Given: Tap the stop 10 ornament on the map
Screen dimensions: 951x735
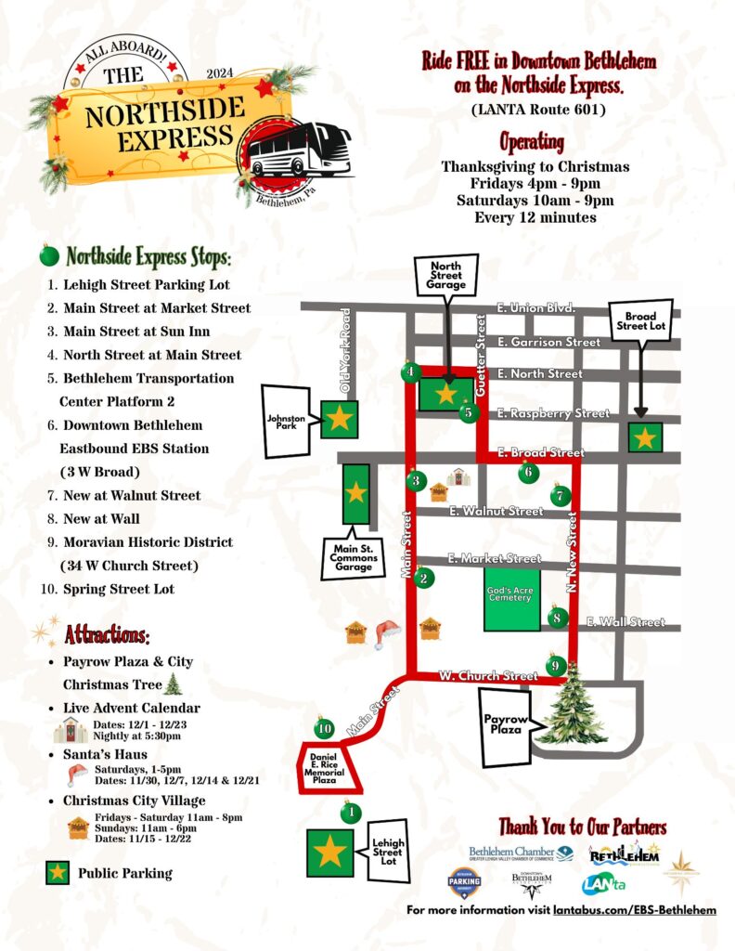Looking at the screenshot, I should pos(324,728).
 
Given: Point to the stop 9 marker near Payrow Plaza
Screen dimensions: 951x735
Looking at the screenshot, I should pos(555,665).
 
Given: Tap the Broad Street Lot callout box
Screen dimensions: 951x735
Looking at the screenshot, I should pos(640,322).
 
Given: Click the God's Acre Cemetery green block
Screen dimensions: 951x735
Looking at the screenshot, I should pos(510,596).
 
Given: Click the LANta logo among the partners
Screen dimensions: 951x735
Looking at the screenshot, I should pos(603,885).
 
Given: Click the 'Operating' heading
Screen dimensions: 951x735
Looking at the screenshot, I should pos(532,142).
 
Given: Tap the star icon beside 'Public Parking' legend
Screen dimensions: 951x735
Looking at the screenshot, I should pos(58,872).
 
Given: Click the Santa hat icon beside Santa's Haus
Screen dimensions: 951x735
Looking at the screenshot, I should pos(77,774).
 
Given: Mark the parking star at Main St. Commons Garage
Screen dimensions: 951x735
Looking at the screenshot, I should pos(356,493).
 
